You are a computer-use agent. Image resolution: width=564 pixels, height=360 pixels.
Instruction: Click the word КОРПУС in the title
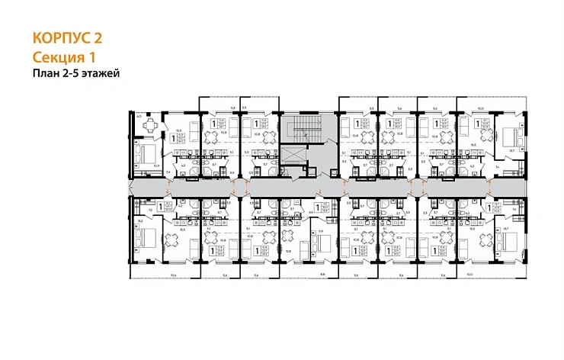point(61,37)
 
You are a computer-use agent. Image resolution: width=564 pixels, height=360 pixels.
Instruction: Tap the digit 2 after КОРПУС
point(97,37)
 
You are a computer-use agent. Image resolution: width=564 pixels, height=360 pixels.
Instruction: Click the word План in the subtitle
point(46,73)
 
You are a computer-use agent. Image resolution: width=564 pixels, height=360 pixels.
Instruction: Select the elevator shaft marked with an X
point(293,156)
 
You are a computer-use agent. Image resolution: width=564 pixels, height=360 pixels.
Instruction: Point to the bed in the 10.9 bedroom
point(144,153)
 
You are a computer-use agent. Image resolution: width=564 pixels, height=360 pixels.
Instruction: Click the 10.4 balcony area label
point(174,275)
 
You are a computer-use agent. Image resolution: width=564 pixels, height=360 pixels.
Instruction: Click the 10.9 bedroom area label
point(155,164)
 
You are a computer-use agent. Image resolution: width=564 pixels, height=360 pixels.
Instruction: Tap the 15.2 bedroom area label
point(140,221)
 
